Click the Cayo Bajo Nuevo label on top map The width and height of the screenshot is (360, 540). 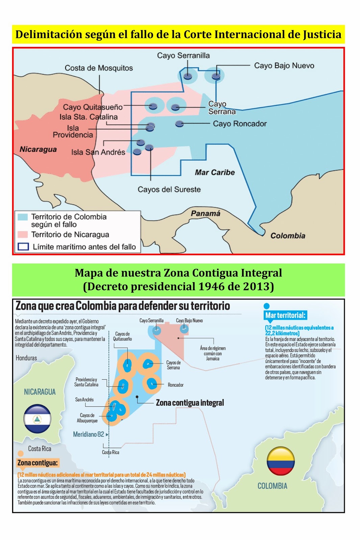[284, 65]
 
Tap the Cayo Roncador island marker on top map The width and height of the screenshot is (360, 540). [179, 124]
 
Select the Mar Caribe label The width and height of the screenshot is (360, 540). [215, 172]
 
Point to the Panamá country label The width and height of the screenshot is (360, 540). [205, 213]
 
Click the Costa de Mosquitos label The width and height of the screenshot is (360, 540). [99, 68]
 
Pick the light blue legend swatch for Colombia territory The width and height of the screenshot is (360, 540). [23, 217]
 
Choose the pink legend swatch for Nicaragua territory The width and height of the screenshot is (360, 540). [23, 234]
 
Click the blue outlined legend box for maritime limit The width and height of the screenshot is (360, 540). [23, 247]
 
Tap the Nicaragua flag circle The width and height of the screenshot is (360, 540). [37, 418]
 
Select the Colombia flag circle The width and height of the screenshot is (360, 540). [281, 461]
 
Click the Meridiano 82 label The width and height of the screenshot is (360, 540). [88, 434]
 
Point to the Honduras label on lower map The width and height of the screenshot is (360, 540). [26, 358]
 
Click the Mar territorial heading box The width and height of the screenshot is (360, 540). [285, 315]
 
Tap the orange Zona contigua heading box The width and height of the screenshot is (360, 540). [37, 463]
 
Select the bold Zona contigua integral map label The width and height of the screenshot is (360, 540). [190, 403]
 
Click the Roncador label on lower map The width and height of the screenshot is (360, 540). [176, 385]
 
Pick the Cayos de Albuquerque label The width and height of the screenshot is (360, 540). [87, 418]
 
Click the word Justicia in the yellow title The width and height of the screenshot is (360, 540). [322, 34]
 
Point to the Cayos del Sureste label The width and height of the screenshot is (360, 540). [169, 189]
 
